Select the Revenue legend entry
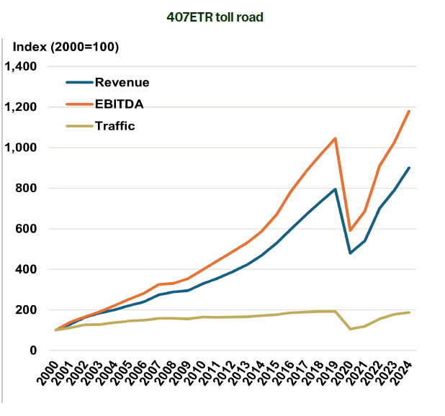[x=122, y=82]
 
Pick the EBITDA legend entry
[x=120, y=104]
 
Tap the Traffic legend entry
[x=115, y=126]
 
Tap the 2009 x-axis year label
[x=187, y=376]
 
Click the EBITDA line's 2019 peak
[x=336, y=138]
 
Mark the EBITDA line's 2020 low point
[x=350, y=230]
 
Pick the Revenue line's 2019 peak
[x=336, y=189]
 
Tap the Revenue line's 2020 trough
[x=350, y=253]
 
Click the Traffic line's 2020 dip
[x=350, y=329]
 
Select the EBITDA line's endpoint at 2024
[x=409, y=111]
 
